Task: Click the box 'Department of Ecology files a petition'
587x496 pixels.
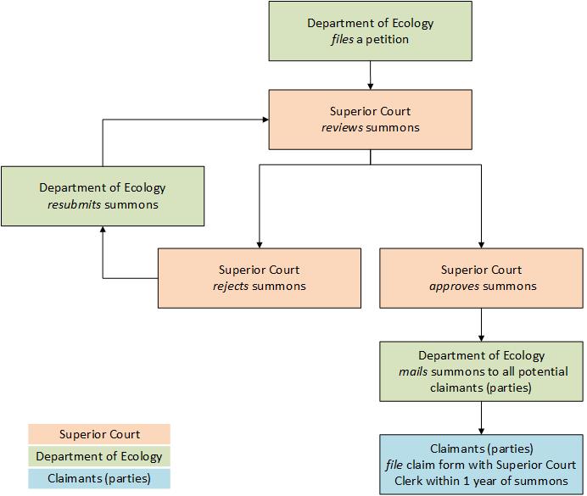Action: click(370, 31)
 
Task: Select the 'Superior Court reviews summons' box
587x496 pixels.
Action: click(370, 120)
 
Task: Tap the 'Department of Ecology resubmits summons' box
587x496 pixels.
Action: click(103, 196)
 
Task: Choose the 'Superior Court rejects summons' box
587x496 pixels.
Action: click(260, 278)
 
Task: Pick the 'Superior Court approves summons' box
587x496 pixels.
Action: click(481, 278)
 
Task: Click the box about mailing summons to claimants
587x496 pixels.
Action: click(481, 371)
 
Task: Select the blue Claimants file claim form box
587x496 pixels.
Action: click(481, 464)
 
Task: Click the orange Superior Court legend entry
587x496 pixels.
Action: click(99, 435)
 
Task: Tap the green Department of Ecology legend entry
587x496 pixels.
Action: click(99, 456)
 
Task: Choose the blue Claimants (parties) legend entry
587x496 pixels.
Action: click(99, 478)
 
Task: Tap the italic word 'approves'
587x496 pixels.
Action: click(451, 287)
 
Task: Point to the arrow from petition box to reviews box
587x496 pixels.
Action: click(370, 75)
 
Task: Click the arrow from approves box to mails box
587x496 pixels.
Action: click(481, 325)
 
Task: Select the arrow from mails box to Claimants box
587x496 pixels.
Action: click(481, 418)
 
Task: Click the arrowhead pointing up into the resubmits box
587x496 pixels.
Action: click(103, 231)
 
